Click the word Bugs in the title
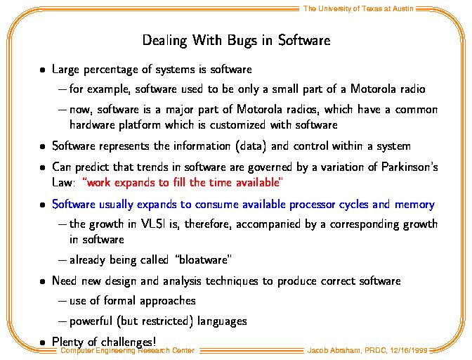point(242,41)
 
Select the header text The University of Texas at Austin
point(358,8)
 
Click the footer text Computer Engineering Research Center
point(127,350)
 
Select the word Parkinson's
point(409,167)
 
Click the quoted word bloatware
point(203,259)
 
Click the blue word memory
point(414,205)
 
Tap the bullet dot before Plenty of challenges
point(42,342)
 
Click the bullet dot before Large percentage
point(42,70)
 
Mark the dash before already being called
point(63,260)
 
